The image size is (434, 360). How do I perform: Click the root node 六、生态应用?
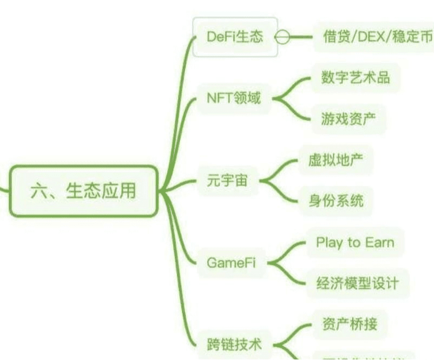tap(83, 191)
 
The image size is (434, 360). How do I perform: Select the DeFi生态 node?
tap(235, 37)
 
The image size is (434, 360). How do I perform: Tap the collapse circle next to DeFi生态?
tap(282, 37)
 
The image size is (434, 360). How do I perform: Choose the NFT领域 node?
tap(234, 99)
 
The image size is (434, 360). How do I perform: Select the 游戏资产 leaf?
tap(348, 119)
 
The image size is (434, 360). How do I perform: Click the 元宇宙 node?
tap(227, 180)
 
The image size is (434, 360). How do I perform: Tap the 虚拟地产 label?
tap(336, 161)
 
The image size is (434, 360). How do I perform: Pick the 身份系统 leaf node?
tap(336, 201)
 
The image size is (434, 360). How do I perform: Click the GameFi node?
tap(231, 263)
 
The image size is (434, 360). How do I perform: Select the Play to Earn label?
tap(354, 242)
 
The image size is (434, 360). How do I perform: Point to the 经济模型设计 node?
tap(357, 283)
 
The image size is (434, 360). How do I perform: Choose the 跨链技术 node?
tap(234, 344)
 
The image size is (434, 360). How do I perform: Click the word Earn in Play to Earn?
tap(379, 242)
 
